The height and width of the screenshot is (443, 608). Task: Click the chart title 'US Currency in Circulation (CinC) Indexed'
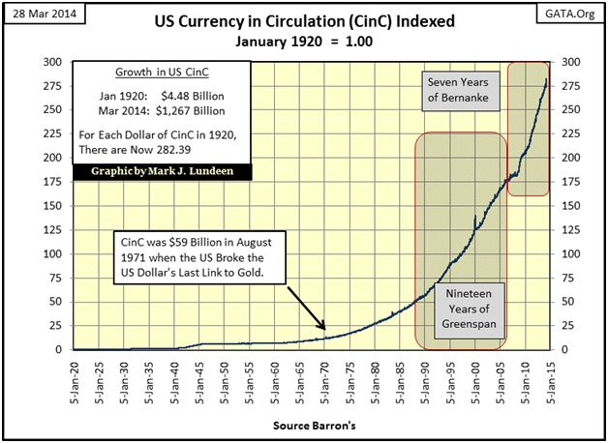[x=305, y=22]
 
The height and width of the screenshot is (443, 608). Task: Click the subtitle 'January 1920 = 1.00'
[x=305, y=43]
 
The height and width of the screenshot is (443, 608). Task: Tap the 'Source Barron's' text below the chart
[x=304, y=425]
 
